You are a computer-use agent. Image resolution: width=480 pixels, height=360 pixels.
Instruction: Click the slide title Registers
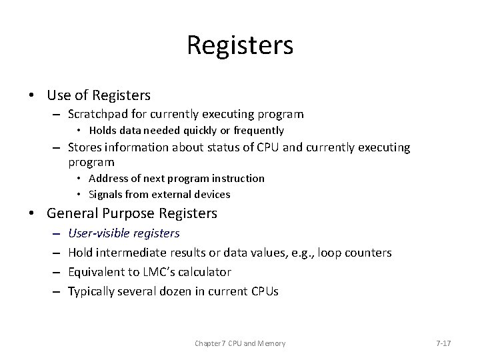pyautogui.click(x=240, y=45)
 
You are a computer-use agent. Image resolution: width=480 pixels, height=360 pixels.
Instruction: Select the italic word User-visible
pyautogui.click(x=99, y=233)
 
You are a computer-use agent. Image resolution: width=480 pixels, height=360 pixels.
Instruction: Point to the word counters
pyautogui.click(x=369, y=253)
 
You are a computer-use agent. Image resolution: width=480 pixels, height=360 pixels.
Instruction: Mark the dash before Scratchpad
pyautogui.click(x=59, y=114)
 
